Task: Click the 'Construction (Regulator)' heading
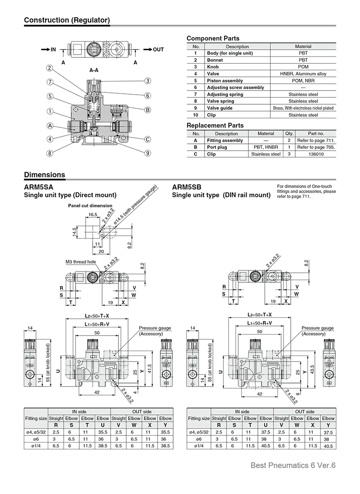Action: (x=67, y=20)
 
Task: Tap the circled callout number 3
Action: (x=148, y=81)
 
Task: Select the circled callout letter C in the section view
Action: (x=148, y=139)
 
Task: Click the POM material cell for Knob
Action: (x=303, y=66)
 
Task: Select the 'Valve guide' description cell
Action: (x=220, y=108)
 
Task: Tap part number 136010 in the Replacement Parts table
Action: (x=316, y=154)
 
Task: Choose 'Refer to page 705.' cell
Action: (x=316, y=147)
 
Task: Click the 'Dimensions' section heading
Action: (x=44, y=175)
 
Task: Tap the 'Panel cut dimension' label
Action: (x=90, y=206)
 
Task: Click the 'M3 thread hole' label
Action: (x=81, y=262)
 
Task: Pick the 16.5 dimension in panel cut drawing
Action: (x=93, y=214)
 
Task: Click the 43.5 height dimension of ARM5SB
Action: (x=312, y=368)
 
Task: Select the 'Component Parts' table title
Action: (x=213, y=38)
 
